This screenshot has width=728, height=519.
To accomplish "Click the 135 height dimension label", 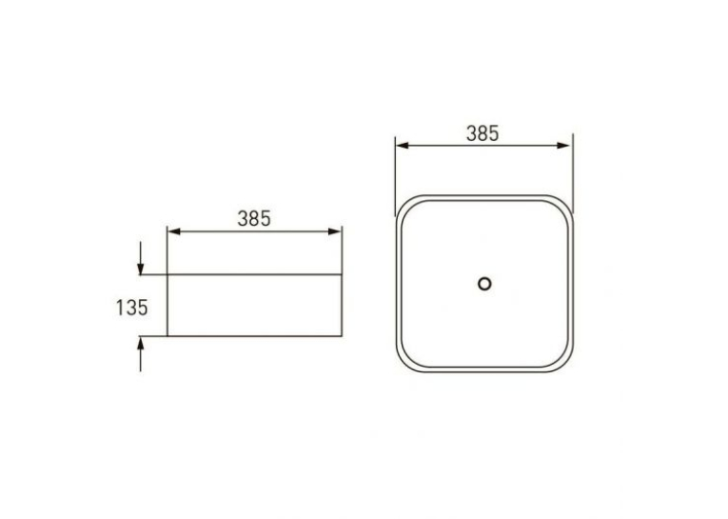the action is [x=131, y=308].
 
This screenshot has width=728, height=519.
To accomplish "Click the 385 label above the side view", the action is [x=254, y=218].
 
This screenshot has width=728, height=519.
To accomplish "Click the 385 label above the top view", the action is [x=482, y=133].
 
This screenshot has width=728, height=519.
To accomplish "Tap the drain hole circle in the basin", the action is [x=484, y=284].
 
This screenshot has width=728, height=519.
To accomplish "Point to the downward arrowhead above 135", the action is [x=140, y=269].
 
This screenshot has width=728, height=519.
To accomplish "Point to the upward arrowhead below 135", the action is [x=140, y=343].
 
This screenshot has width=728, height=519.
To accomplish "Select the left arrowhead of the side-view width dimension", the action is [x=173, y=231].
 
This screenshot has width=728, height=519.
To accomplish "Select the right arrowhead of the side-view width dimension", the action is [x=335, y=231].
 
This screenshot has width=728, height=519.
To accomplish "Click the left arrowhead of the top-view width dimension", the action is [x=403, y=146].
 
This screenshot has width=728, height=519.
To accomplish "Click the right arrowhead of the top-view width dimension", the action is [x=563, y=146].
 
